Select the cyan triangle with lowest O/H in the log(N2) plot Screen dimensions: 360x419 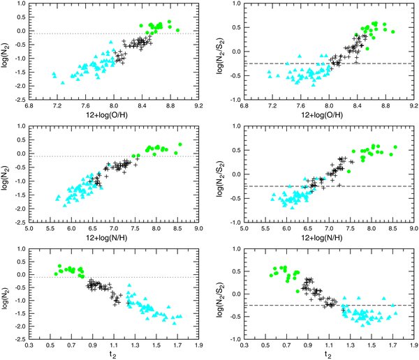pos(54,72)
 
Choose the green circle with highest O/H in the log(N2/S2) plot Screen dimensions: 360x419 pos(393,32)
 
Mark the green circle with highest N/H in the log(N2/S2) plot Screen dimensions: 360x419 pos(395,147)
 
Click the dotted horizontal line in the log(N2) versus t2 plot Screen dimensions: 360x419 pos(140,277)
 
